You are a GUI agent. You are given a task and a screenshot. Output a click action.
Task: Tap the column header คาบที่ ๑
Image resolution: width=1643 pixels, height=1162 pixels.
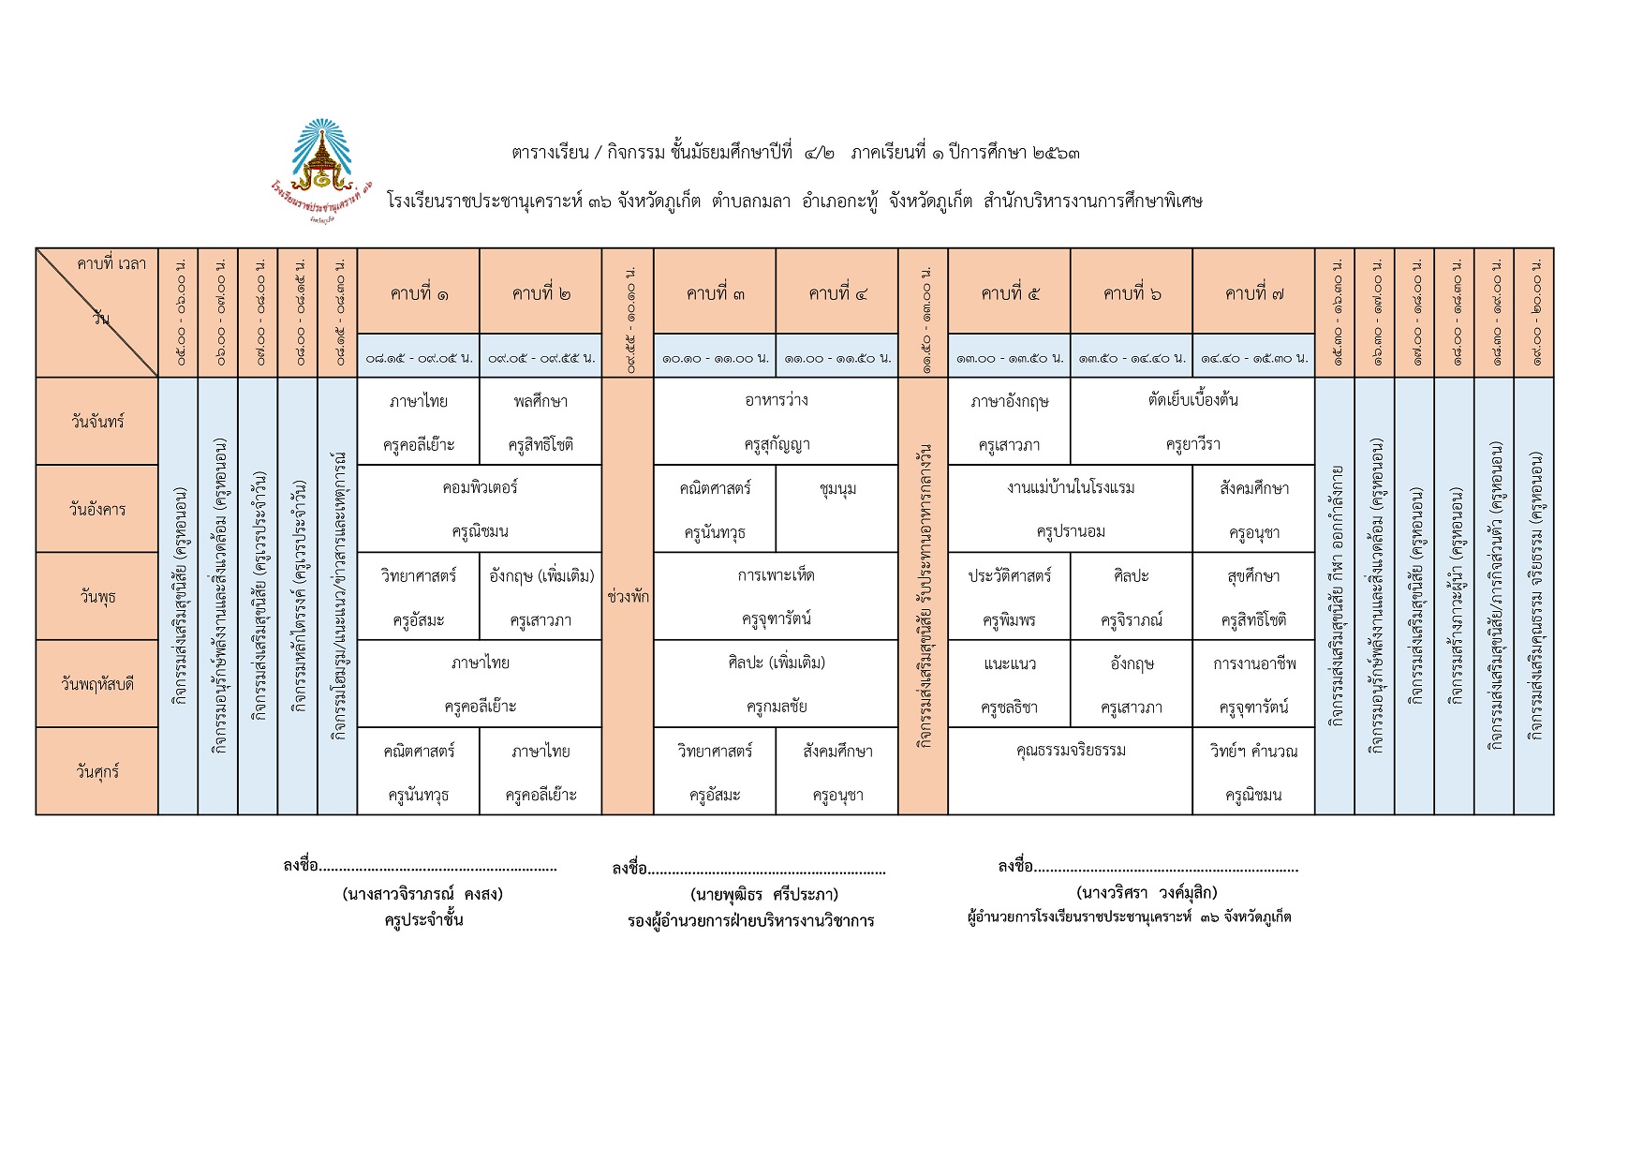[419, 293]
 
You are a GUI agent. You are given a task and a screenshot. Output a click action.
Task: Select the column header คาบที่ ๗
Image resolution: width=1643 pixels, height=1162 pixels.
[1253, 293]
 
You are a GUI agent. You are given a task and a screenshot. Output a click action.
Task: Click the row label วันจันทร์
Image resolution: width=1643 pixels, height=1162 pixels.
[97, 422]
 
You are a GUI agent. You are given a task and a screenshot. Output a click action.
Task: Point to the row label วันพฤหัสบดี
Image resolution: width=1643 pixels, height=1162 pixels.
[97, 684]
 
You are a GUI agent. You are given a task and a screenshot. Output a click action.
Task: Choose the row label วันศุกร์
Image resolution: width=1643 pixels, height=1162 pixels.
[97, 772]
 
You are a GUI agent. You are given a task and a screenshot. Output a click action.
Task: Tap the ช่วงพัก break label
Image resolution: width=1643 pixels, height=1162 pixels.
[628, 596]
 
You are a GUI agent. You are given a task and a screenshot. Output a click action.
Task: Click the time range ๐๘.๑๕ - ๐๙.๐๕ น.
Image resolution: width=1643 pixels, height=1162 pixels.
[419, 357]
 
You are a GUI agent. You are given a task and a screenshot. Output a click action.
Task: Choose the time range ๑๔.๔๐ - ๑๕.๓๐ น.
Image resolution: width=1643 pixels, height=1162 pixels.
[1253, 357]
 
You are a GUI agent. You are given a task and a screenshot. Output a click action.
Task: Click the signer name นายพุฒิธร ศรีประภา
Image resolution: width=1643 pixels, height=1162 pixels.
[764, 894]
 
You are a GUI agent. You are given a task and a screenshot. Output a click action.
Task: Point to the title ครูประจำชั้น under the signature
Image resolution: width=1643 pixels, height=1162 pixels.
[423, 920]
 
